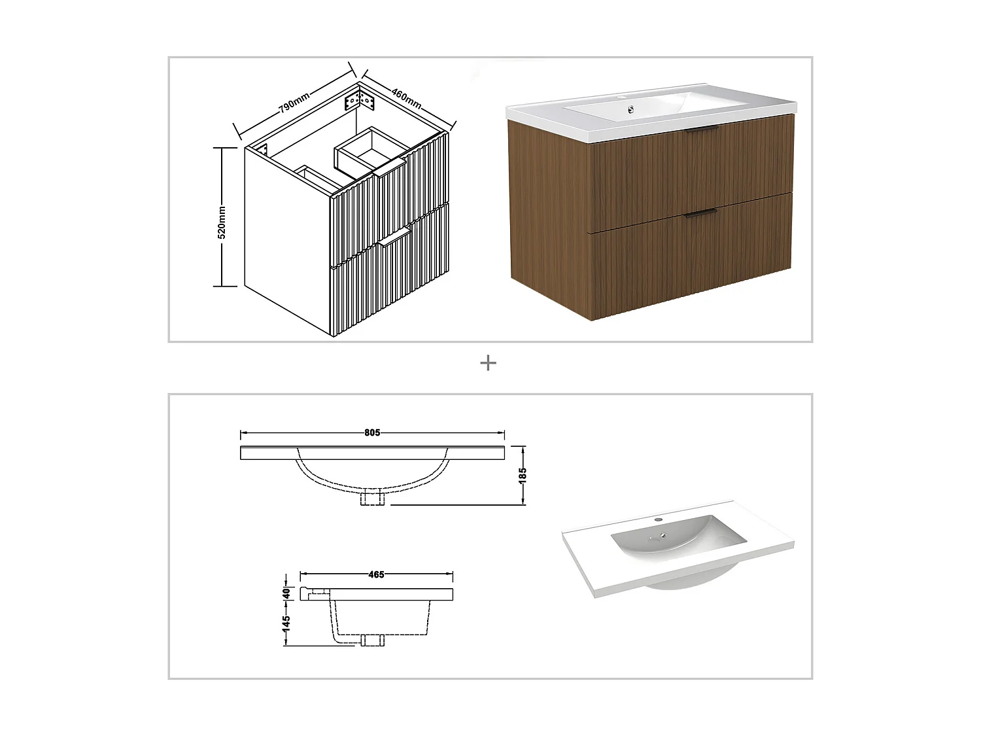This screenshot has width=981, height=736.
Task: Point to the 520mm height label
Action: (222, 222)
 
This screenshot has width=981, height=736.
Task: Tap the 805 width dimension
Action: (372, 432)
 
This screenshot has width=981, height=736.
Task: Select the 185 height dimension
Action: (523, 475)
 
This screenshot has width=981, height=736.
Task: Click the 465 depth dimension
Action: (376, 575)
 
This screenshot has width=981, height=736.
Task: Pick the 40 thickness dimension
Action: (286, 593)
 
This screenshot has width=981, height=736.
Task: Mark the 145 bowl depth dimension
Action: (286, 623)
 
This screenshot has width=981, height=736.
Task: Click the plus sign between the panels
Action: (488, 363)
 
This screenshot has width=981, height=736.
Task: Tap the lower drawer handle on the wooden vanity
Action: (700, 213)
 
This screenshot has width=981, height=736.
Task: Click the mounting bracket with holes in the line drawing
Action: (359, 101)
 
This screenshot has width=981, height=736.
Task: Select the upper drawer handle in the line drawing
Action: (390, 172)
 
